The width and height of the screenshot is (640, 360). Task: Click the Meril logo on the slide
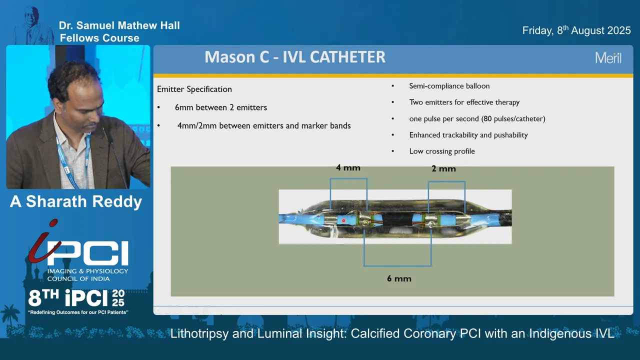[x=608, y=58]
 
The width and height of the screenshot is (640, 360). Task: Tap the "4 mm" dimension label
[x=348, y=167]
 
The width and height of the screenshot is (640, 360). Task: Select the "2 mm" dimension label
[x=443, y=169]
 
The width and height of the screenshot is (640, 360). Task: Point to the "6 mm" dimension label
[x=399, y=278]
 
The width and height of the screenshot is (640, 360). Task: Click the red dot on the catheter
[x=343, y=220]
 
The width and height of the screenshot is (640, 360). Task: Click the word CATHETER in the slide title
[x=347, y=57]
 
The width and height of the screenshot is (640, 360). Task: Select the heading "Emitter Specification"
[x=194, y=89]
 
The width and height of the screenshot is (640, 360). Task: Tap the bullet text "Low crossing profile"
[x=442, y=151]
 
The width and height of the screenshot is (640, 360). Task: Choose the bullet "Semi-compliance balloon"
[x=449, y=86]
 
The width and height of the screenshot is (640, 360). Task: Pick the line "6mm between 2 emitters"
[x=221, y=107]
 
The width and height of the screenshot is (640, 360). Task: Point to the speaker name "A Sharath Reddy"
[x=76, y=201]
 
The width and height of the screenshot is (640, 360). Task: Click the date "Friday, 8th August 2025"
[x=576, y=30]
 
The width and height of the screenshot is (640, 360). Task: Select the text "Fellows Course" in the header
[x=99, y=38]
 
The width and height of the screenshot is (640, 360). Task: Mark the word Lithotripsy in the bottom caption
[x=199, y=333]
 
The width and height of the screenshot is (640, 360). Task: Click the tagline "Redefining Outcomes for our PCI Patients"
[x=78, y=312]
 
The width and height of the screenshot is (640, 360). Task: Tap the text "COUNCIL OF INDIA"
[x=78, y=279]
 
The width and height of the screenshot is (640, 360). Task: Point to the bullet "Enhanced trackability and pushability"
[x=468, y=135]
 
